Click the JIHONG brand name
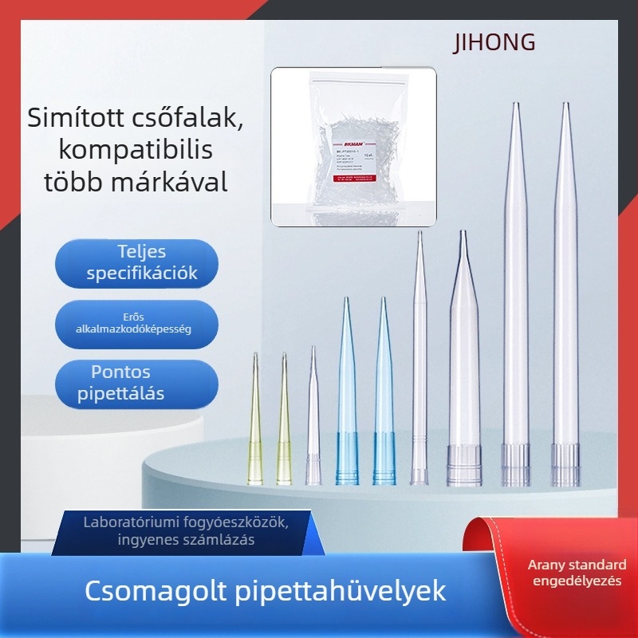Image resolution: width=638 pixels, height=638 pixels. coord(494,42)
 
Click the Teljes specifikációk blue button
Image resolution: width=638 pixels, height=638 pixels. coord(136,263)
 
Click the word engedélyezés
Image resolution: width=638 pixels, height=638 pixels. coord(575,581)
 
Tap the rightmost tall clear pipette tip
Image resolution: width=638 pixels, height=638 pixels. coord(565,303)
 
